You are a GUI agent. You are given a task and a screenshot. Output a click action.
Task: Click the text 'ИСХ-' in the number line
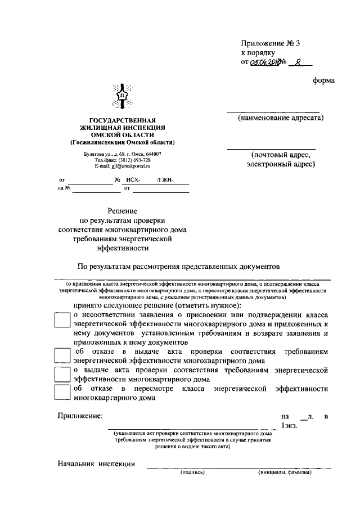pos(133,180)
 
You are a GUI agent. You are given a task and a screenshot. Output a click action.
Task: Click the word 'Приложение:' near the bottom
pos(80,416)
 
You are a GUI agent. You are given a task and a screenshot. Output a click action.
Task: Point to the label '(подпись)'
pos(192,472)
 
